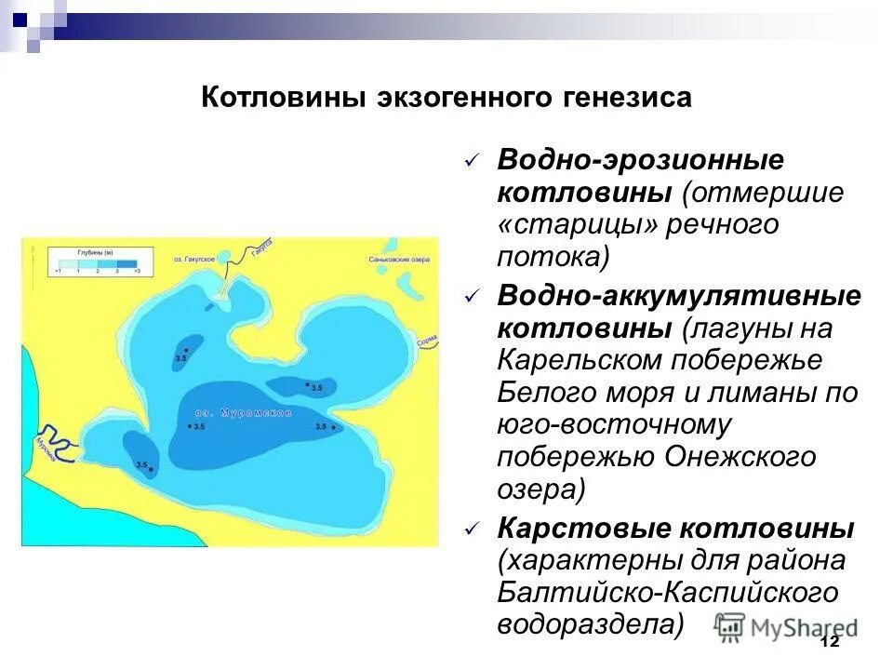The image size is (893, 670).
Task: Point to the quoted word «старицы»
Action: point(577,225)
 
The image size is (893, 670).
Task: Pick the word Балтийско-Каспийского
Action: point(667,593)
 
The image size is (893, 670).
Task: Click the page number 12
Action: point(830,642)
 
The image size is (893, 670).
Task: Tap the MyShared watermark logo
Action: point(786,626)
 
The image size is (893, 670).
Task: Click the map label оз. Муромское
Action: point(244,412)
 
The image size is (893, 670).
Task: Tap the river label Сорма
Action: point(426,342)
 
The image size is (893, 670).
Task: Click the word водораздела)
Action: point(590,624)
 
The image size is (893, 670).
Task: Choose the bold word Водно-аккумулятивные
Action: point(679,296)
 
